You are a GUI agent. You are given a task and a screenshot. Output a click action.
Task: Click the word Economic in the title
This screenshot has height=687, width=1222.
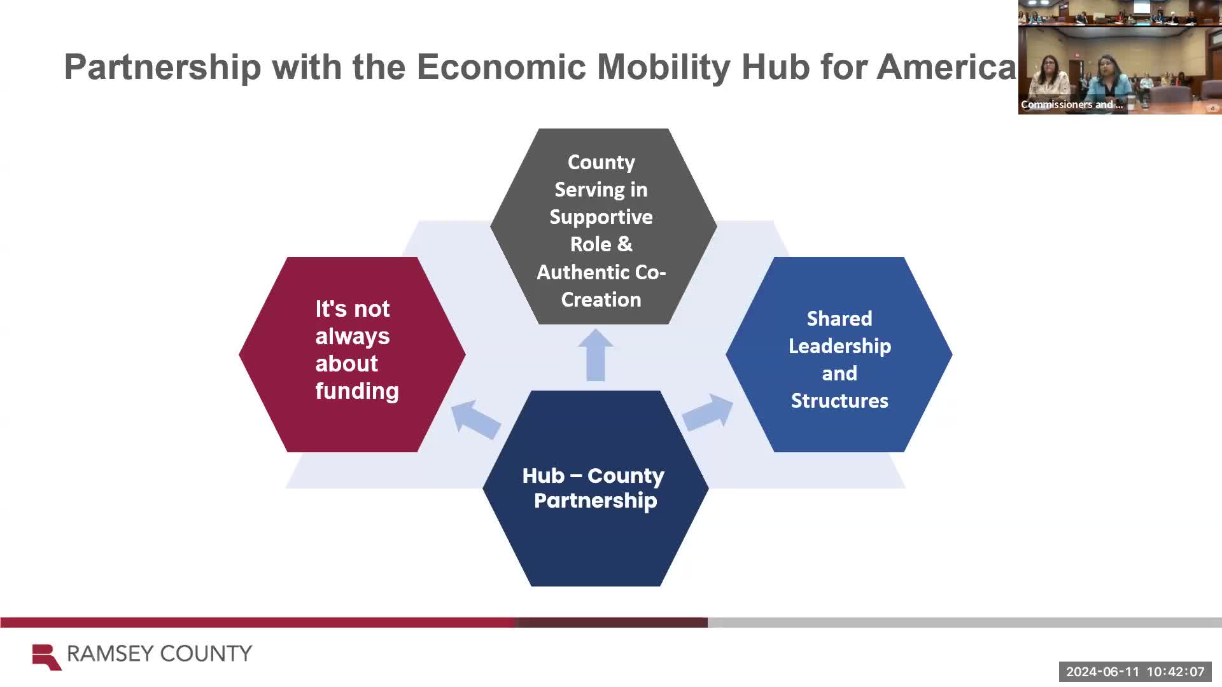501,67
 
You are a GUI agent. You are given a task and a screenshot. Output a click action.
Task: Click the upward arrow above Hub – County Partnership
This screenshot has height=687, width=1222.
596,355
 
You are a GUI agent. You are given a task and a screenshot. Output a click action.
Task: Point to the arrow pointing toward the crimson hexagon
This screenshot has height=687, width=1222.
475,419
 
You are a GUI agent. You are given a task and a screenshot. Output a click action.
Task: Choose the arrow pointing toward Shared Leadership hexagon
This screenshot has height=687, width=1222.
708,412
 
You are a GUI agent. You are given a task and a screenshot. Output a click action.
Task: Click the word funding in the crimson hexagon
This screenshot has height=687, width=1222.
356,391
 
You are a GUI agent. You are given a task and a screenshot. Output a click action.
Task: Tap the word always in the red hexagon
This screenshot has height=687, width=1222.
352,337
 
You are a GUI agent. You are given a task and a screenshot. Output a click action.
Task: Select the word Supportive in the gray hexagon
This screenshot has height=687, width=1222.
601,217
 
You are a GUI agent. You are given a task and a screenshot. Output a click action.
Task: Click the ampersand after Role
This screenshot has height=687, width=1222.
624,244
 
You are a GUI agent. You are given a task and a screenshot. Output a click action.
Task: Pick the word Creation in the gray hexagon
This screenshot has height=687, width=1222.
601,300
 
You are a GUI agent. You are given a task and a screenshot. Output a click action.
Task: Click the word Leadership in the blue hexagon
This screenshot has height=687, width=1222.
839,346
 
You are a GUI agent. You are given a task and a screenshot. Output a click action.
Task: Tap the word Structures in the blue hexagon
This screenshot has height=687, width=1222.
839,401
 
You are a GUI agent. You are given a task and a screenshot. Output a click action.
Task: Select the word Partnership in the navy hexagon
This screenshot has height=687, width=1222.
595,501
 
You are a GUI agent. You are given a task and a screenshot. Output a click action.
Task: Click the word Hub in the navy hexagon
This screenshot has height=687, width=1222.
543,476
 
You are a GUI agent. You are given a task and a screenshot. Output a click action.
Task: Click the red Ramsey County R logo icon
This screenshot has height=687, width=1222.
46,656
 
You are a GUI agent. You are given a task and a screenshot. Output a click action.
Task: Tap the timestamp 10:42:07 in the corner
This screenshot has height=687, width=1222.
1175,672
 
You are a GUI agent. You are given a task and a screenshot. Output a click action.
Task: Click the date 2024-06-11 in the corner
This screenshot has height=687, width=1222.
1102,672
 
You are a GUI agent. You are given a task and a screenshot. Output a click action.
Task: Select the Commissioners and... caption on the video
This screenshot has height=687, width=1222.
1071,105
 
